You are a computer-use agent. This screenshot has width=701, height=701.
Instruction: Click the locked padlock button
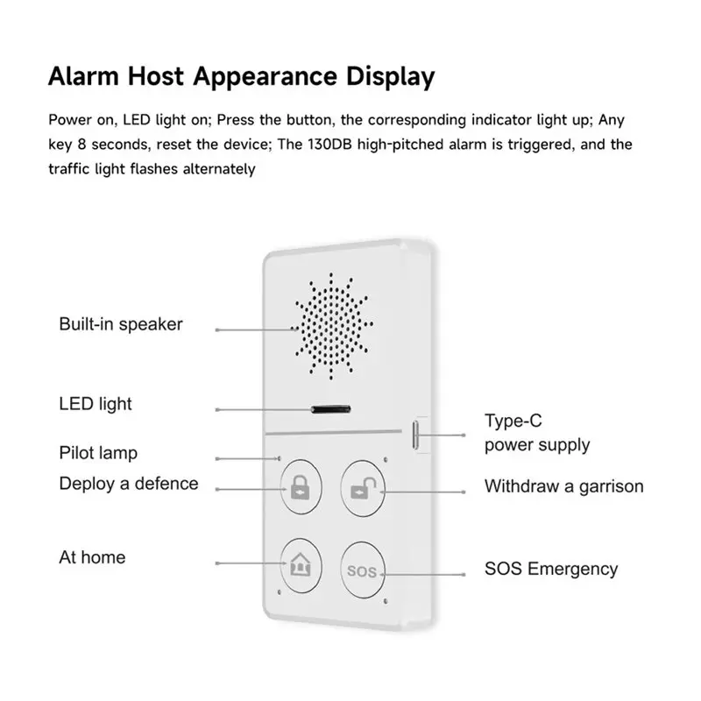coord(301,487)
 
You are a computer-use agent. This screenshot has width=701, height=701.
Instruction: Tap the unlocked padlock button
coord(363,489)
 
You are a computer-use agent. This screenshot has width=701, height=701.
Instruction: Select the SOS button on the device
coord(363,570)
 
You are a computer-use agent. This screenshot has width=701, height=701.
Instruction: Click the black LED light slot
coord(331,409)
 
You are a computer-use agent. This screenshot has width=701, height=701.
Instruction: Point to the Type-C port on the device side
coord(415,435)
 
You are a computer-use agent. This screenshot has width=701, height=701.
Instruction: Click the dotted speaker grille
coord(332,326)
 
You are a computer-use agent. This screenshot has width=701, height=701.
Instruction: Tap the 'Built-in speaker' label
coord(121,324)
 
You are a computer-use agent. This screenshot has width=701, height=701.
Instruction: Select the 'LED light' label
coord(96,404)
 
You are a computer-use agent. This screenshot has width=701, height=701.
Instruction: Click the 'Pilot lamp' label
coord(98,453)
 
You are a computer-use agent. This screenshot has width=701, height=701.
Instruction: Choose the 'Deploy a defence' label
coord(129,484)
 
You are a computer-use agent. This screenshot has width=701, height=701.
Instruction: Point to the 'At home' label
coord(92,557)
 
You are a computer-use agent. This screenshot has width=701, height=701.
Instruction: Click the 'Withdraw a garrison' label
coord(564,486)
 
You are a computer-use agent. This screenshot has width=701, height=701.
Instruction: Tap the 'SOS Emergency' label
coord(551,569)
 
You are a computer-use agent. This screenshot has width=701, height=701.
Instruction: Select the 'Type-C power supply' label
coord(537,433)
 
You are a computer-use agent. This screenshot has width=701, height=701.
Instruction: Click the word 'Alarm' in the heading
coord(83,76)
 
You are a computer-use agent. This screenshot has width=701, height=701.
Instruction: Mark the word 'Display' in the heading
coord(390,77)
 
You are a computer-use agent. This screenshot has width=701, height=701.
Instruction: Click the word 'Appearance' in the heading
coord(265,77)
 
